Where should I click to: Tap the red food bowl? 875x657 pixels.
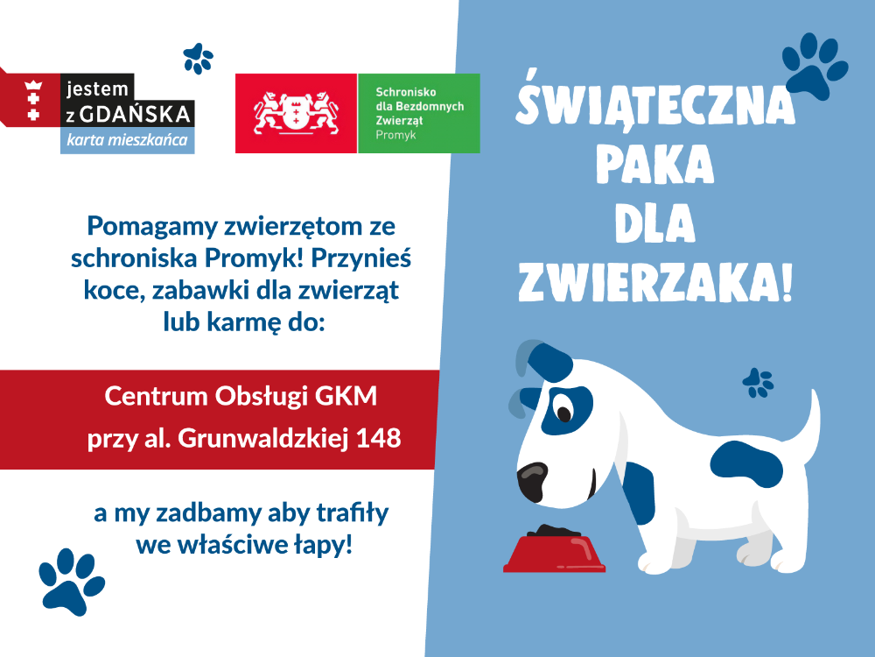[554, 553]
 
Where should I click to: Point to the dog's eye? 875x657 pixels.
[564, 413]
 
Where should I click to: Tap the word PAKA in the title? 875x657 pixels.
[654, 164]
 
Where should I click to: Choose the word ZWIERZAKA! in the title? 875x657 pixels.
[655, 283]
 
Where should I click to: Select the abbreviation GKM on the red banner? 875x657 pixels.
[346, 396]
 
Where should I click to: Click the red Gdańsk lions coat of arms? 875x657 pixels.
[296, 113]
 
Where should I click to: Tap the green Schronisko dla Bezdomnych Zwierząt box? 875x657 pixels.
[419, 113]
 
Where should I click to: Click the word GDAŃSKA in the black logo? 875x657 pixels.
[136, 114]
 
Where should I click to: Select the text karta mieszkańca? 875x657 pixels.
[127, 139]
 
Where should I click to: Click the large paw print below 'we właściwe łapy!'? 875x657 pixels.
[71, 582]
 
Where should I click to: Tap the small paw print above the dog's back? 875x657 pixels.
[758, 383]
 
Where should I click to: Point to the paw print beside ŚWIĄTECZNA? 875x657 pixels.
[815, 66]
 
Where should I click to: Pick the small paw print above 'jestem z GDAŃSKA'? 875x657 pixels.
[198, 59]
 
